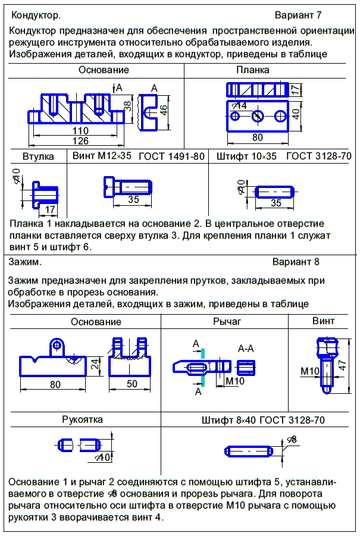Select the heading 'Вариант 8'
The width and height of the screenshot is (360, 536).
coord(296,262)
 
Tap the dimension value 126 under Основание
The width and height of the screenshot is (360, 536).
coord(80,141)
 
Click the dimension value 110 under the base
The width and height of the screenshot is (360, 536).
coord(80,131)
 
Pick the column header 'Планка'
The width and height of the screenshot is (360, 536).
coord(253,70)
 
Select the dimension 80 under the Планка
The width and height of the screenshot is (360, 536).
coord(257,137)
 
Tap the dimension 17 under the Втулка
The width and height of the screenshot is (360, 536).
coord(49,209)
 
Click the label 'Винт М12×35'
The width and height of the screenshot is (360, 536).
coord(101,156)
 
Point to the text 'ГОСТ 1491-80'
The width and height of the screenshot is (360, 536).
coord(171,156)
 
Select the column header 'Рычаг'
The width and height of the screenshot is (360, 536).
coord(226,321)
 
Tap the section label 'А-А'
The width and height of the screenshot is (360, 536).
coord(247,348)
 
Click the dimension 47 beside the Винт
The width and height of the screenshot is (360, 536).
coord(342,364)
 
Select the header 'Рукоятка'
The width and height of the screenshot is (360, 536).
coord(82,419)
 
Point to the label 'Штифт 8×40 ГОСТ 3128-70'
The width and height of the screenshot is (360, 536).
coord(263,420)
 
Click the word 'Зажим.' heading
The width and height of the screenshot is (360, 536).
coord(25,262)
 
